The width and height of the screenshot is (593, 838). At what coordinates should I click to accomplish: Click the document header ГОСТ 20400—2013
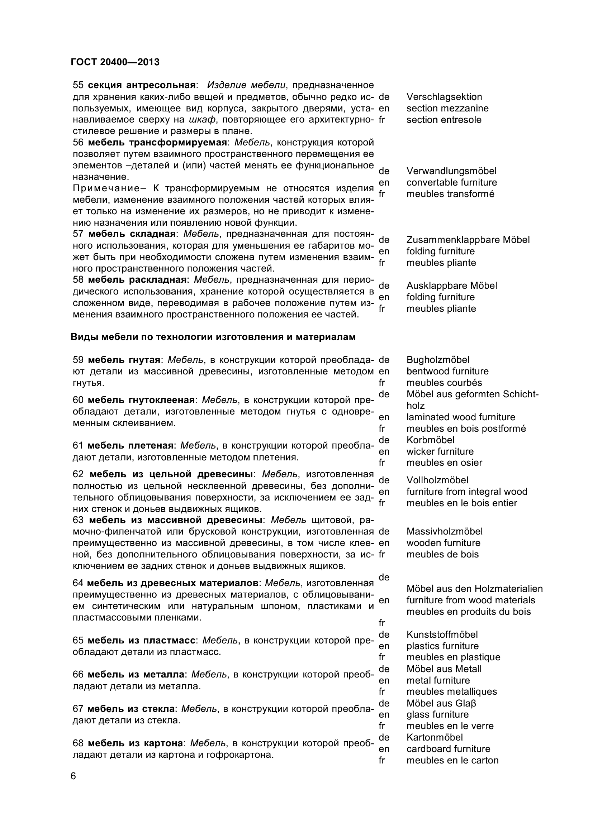pyautogui.click(x=115, y=62)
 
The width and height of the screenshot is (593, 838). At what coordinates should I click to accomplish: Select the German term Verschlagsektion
pyautogui.click(x=444, y=97)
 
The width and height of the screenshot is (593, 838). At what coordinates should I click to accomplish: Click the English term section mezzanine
pyautogui.click(x=447, y=109)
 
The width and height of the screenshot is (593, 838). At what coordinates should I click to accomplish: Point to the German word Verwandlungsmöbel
pyautogui.click(x=451, y=171)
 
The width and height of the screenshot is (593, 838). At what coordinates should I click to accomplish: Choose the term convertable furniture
pyautogui.click(x=452, y=182)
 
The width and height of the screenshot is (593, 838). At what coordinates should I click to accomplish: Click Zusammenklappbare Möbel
pyautogui.click(x=468, y=240)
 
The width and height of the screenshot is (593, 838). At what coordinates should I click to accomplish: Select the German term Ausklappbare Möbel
pyautogui.click(x=452, y=286)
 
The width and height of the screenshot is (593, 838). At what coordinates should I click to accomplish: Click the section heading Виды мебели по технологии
pyautogui.click(x=213, y=337)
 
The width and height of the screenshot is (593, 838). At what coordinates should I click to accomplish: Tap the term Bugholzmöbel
pyautogui.click(x=438, y=360)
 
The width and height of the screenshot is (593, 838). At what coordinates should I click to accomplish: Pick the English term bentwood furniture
pyautogui.click(x=447, y=371)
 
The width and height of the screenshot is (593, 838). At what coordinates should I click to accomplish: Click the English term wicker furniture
pyautogui.click(x=440, y=451)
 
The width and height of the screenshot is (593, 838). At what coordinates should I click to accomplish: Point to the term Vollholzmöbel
pyautogui.click(x=437, y=480)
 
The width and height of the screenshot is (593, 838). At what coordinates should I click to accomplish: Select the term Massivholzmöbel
pyautogui.click(x=444, y=531)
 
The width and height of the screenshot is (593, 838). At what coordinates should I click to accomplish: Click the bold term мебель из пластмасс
pyautogui.click(x=142, y=640)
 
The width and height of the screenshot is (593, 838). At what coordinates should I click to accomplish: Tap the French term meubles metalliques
pyautogui.click(x=452, y=691)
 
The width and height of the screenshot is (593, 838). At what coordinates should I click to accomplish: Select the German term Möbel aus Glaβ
pyautogui.click(x=441, y=703)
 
